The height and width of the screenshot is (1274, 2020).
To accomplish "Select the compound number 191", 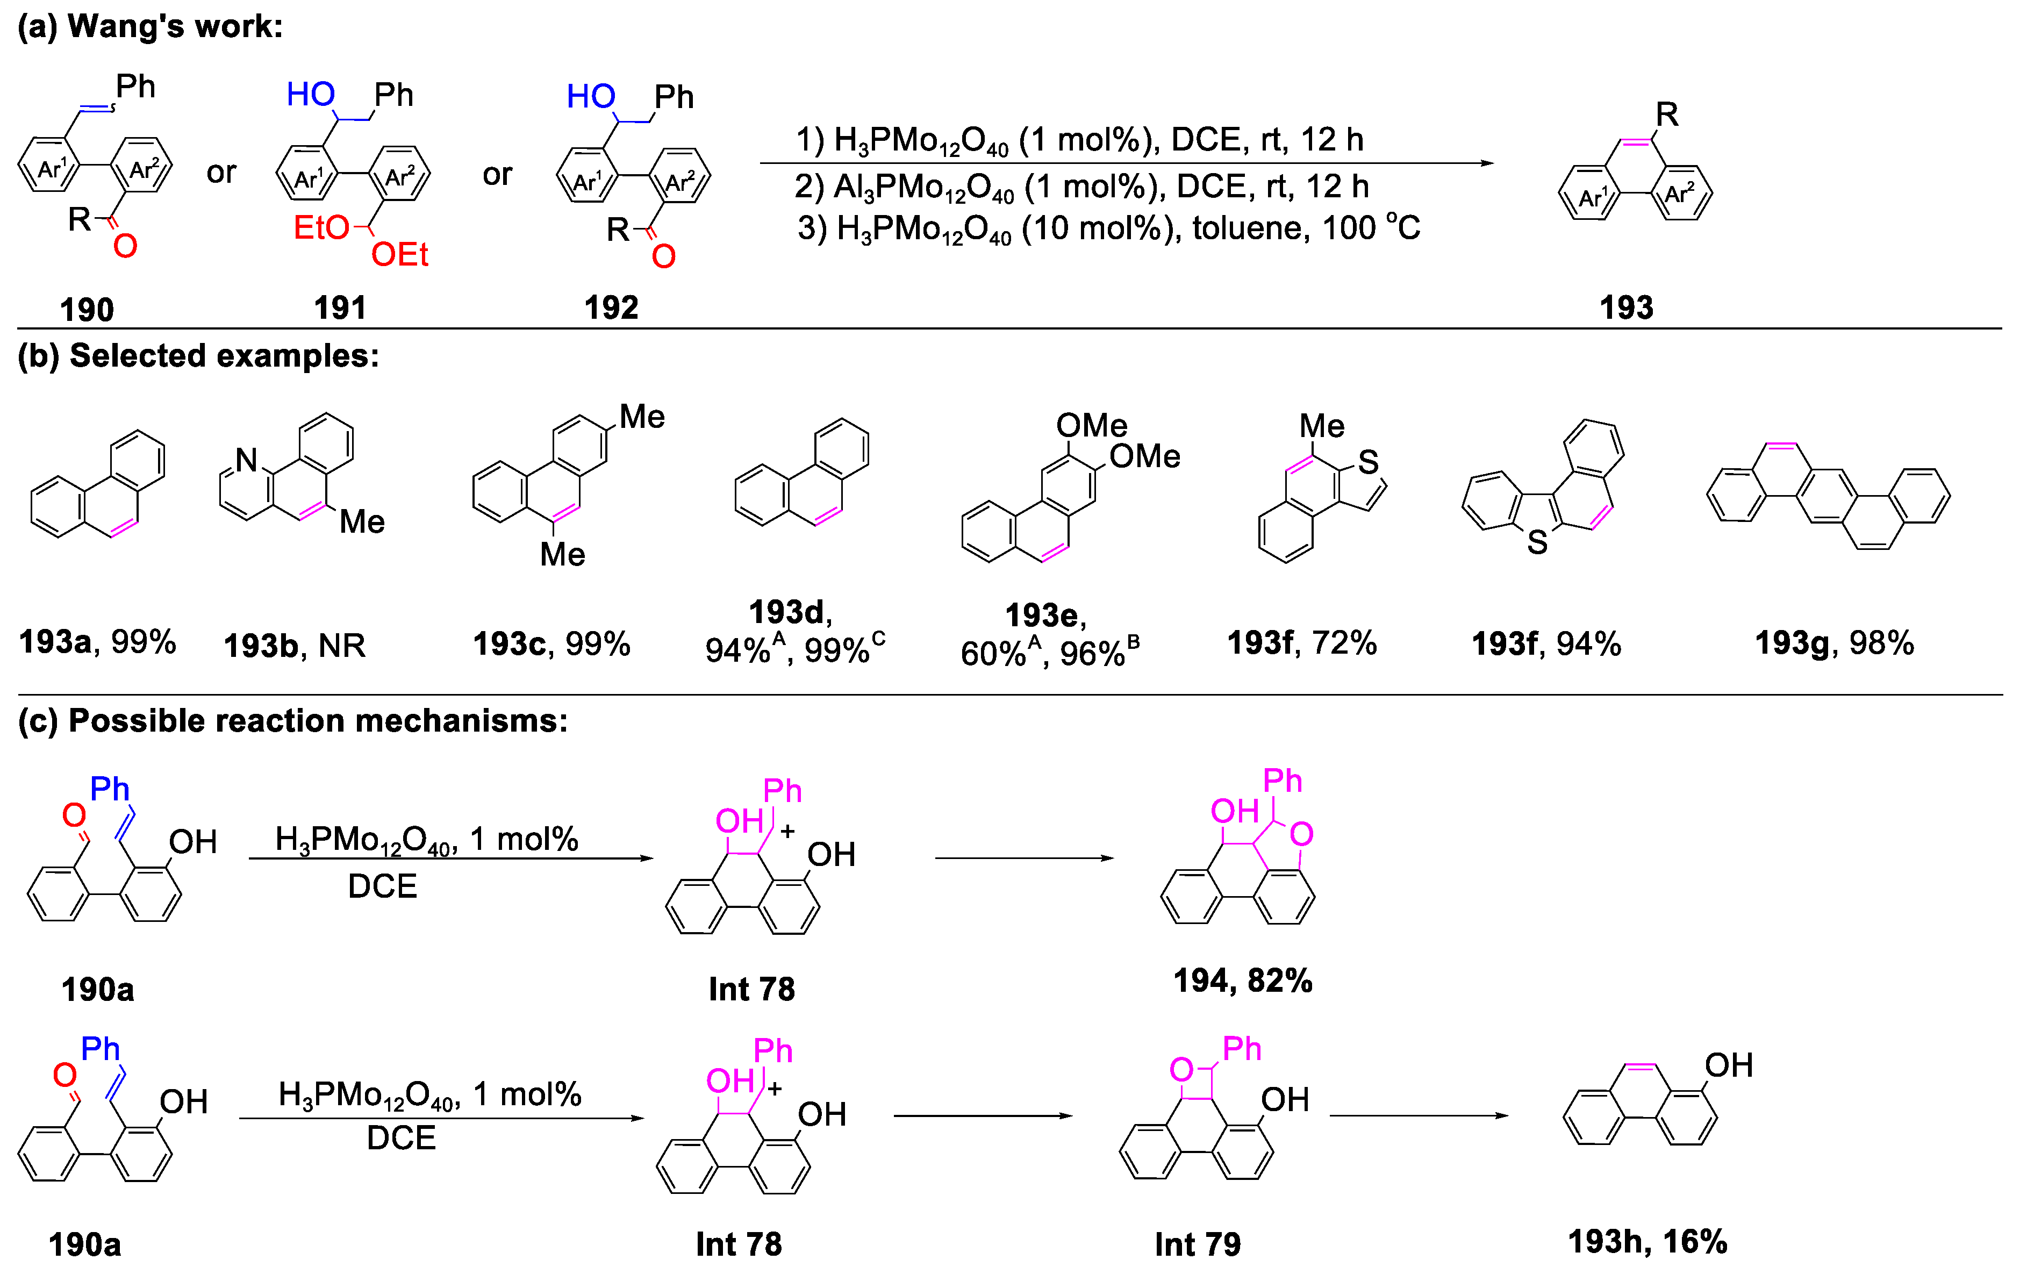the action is [340, 308].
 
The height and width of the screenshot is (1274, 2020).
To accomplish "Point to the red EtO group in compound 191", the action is [320, 227].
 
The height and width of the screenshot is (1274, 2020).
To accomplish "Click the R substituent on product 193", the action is [1666, 114].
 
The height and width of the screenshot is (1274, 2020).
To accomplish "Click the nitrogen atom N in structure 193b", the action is [246, 460].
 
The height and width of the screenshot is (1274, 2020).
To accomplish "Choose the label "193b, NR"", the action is [295, 646].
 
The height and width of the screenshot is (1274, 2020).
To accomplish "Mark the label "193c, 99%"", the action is [551, 644].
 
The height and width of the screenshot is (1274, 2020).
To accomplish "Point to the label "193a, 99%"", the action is [97, 642].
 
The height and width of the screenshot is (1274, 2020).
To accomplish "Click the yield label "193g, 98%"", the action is [1834, 643].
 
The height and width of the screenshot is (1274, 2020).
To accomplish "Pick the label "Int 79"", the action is [1197, 1244].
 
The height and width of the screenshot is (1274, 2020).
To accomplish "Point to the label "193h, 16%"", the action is [1647, 1241].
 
